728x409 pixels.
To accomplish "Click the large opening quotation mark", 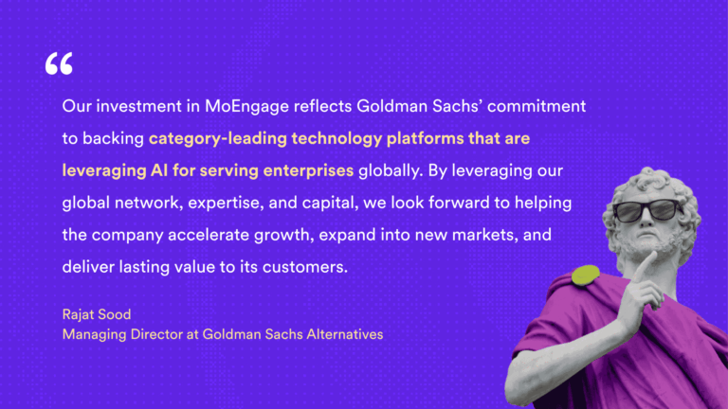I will tap(58, 64).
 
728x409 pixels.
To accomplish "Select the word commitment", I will tap(540, 106).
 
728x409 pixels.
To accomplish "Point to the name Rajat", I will tap(81, 315).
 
